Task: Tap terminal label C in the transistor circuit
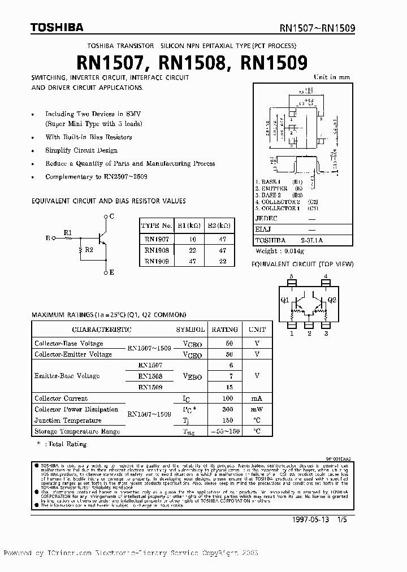[111, 216]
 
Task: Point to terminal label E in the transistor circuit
[111, 272]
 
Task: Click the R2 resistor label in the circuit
[88, 249]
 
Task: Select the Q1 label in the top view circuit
[284, 300]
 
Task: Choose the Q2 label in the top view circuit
[332, 300]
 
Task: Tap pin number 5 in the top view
[292, 277]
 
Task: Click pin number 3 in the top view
[326, 333]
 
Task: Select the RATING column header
[224, 329]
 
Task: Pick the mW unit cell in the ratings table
[257, 409]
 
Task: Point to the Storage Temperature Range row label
[77, 431]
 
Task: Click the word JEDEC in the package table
[266, 218]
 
